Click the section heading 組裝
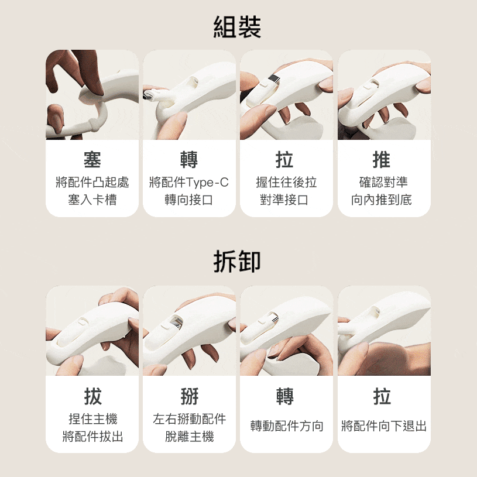[x=237, y=27]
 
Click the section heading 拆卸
[x=237, y=261]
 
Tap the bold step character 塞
[x=92, y=159]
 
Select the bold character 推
[x=382, y=159]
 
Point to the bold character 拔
[x=92, y=396]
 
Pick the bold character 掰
[x=189, y=396]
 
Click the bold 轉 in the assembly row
[x=189, y=159]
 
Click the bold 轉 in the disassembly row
[x=285, y=396]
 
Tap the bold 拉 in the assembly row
[x=285, y=159]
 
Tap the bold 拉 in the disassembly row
[x=382, y=396]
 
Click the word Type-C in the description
[x=207, y=183]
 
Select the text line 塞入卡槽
[x=92, y=200]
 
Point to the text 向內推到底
[x=382, y=200]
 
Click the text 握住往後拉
[x=286, y=182]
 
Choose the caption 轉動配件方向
[x=287, y=425]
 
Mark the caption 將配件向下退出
[x=384, y=425]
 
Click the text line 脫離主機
[x=190, y=437]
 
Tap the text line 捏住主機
[x=93, y=419]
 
